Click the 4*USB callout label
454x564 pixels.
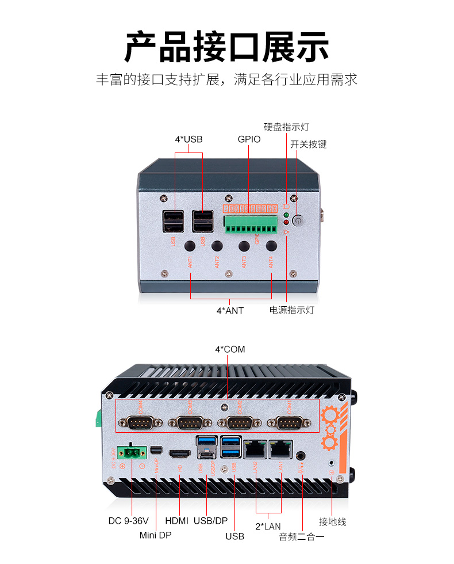[188, 139]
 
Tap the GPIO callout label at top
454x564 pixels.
[249, 139]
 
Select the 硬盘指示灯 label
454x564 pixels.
[286, 127]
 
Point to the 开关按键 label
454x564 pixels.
[308, 144]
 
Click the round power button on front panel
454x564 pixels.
[298, 220]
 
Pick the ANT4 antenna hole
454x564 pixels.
[271, 246]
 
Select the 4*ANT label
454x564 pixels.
[230, 311]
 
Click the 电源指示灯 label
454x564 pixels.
[292, 311]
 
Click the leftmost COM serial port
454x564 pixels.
[140, 424]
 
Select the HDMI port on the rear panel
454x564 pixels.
[180, 453]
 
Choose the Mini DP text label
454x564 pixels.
[156, 535]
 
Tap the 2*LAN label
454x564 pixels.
[268, 526]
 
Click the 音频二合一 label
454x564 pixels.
[302, 536]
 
